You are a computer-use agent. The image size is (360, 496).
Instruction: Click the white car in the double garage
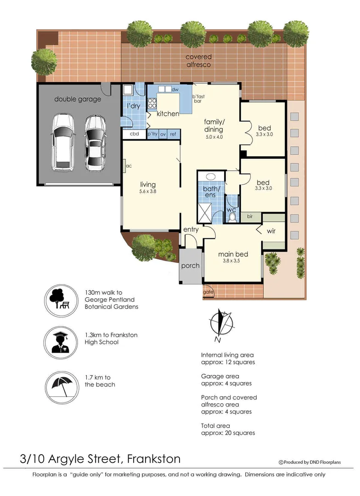[63, 142]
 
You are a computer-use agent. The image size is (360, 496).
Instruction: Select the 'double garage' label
[78, 99]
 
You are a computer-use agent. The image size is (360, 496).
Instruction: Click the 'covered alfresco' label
[198, 61]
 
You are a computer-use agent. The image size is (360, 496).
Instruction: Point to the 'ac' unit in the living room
[129, 166]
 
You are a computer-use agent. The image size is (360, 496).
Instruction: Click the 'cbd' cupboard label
[135, 134]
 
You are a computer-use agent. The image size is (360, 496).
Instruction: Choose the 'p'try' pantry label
[152, 134]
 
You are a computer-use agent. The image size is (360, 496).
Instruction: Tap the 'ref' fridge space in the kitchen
[173, 134]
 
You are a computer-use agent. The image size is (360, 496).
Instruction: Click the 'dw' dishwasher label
[174, 90]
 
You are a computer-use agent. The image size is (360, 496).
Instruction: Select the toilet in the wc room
[232, 217]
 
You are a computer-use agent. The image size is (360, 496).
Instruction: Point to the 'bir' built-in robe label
[250, 216]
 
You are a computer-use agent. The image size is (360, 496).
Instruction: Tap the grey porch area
[190, 266]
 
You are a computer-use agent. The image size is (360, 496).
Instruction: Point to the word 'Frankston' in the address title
[154, 458]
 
